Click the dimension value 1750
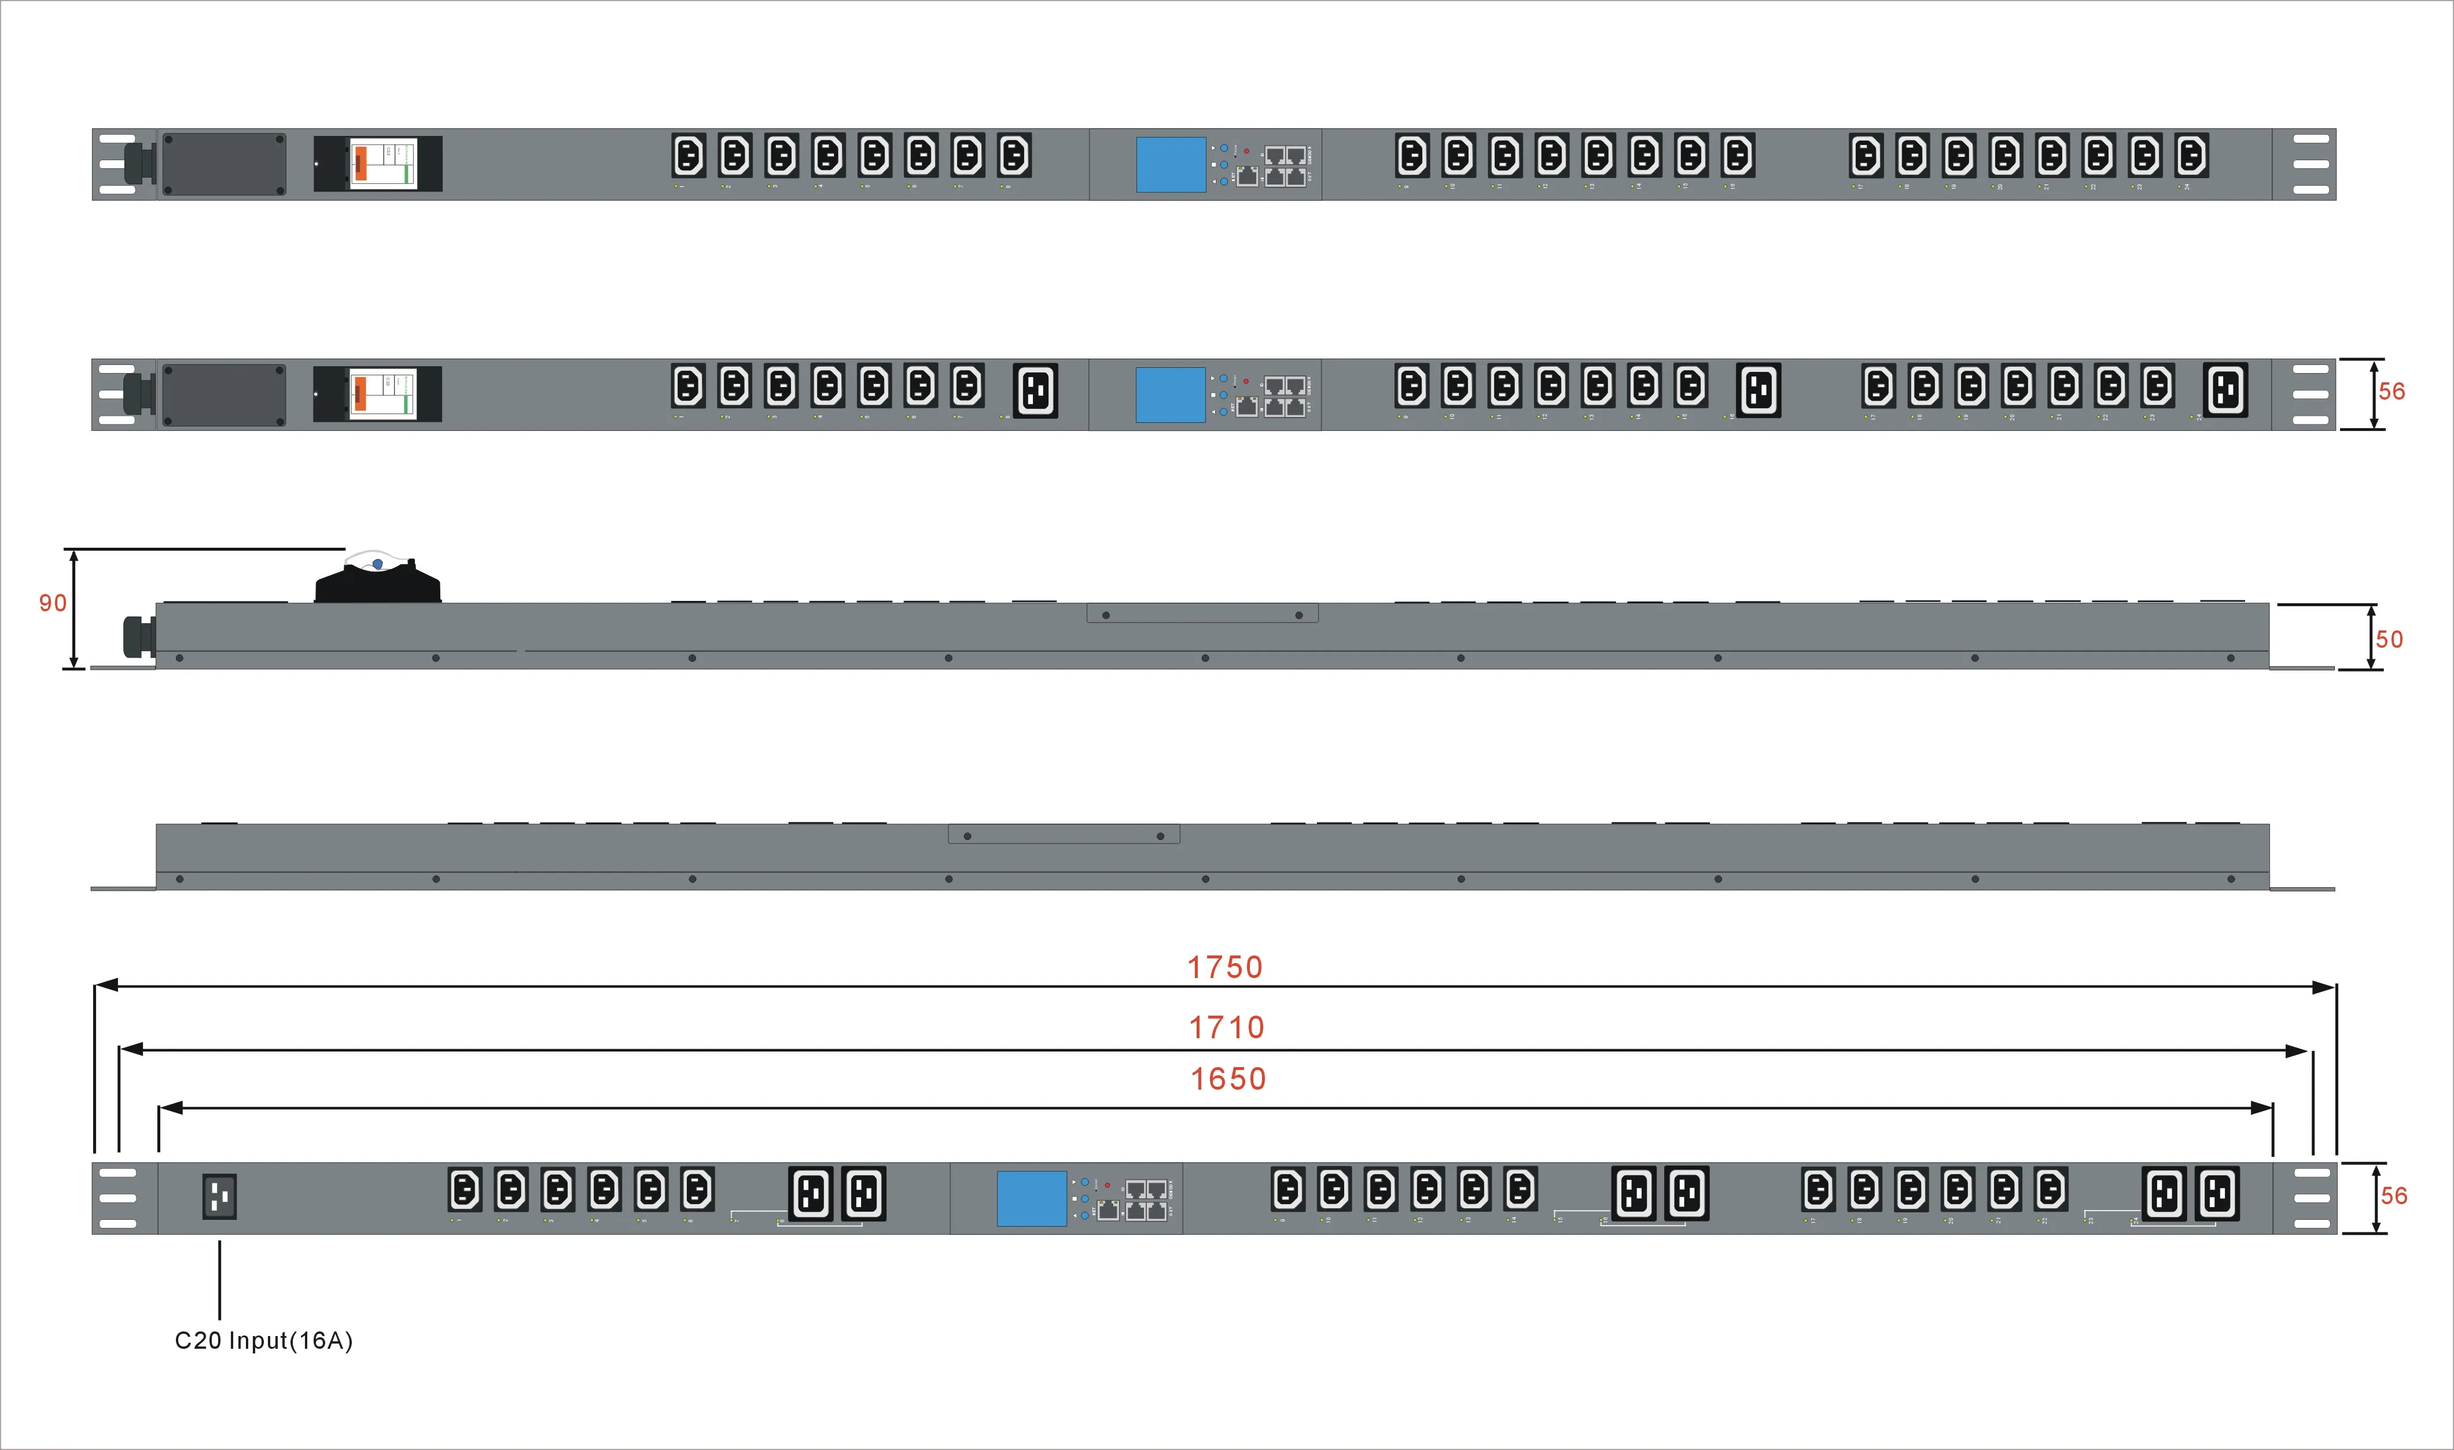click(1224, 967)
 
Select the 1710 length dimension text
click(1227, 1028)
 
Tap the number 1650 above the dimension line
click(1227, 1079)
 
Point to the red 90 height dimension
click(53, 603)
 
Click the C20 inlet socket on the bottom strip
click(219, 1196)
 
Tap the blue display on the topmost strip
click(1170, 164)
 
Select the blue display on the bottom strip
click(1031, 1198)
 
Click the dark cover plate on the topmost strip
click(224, 164)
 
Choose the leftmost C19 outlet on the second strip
click(1035, 391)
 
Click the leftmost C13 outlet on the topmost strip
click(688, 156)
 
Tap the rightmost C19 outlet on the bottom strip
click(2217, 1193)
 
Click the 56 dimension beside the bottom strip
click(2393, 1196)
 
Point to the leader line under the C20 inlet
click(220, 1280)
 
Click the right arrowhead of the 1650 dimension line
click(2261, 1108)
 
